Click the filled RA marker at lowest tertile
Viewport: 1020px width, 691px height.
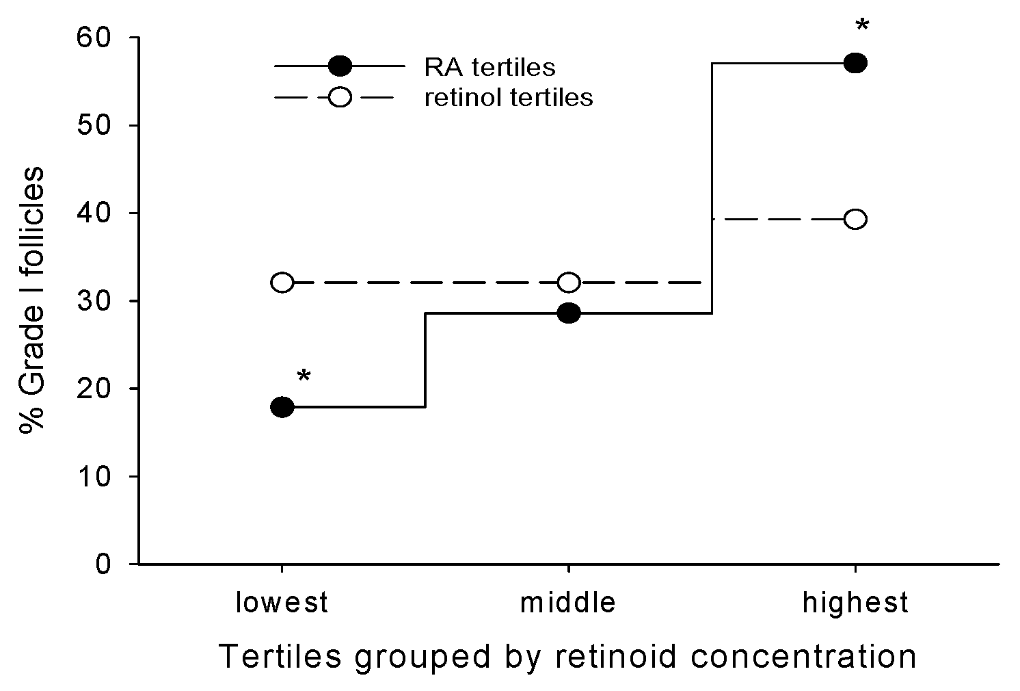(x=282, y=407)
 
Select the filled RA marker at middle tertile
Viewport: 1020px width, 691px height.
(x=569, y=313)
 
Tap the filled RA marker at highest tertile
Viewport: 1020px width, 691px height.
(x=855, y=63)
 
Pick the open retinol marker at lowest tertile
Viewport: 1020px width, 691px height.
(x=282, y=282)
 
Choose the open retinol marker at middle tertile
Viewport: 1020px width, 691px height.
(x=569, y=282)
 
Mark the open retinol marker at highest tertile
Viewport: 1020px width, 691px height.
(x=855, y=219)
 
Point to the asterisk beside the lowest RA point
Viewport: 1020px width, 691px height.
(x=304, y=376)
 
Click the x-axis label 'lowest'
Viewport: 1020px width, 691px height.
(x=282, y=603)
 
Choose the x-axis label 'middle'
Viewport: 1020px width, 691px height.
(x=568, y=603)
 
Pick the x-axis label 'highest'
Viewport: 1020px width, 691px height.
(x=855, y=603)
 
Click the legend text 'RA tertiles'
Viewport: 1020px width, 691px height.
(x=489, y=67)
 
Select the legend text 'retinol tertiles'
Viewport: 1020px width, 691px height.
(x=508, y=97)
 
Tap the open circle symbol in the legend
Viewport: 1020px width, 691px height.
(x=340, y=97)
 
